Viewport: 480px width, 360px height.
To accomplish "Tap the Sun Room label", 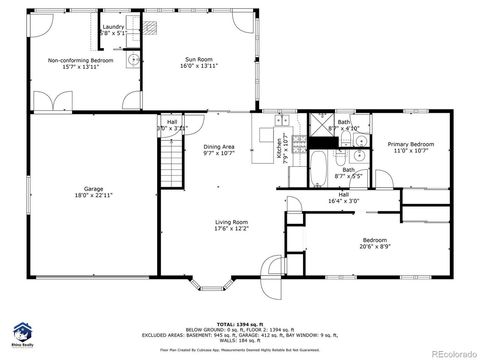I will (x=199, y=62).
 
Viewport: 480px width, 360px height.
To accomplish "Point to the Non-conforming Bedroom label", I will (x=81, y=65).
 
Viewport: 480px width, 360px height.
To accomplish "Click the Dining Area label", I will (x=218, y=150).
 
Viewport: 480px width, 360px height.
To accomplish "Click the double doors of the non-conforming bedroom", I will (x=48, y=101).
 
